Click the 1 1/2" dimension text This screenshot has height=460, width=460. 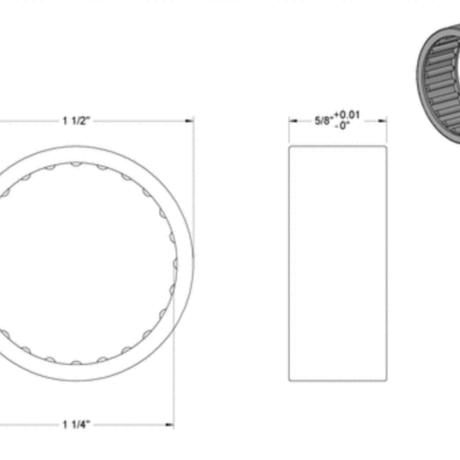point(77,120)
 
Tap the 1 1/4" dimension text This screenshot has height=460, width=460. point(77,424)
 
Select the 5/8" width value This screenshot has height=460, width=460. point(324,121)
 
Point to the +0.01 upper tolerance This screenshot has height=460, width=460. point(347,116)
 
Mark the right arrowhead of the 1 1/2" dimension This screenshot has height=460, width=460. point(190,120)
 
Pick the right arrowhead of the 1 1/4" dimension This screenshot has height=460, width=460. point(170,424)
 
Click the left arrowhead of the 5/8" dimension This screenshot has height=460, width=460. point(292,120)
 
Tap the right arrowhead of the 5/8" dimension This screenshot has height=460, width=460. point(383,120)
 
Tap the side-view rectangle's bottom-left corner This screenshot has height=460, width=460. point(289,380)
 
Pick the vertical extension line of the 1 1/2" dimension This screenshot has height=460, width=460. point(194,184)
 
